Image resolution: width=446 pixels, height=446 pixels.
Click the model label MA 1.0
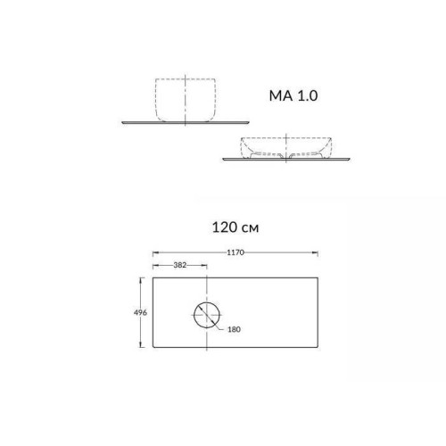coord(293,95)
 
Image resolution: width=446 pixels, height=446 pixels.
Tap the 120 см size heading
coord(235,227)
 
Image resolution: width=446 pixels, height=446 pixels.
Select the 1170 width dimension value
coord(235,252)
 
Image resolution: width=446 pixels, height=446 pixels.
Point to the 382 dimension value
coord(180,265)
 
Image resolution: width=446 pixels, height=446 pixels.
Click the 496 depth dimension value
coord(140,312)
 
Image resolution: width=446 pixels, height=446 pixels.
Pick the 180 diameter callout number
coord(234,329)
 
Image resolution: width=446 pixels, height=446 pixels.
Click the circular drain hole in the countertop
coord(207,315)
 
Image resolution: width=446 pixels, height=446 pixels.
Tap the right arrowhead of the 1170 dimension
coord(315,252)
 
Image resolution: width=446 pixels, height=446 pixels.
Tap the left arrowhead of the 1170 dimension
coord(156,252)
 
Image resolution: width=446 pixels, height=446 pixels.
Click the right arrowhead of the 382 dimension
coord(203,265)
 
